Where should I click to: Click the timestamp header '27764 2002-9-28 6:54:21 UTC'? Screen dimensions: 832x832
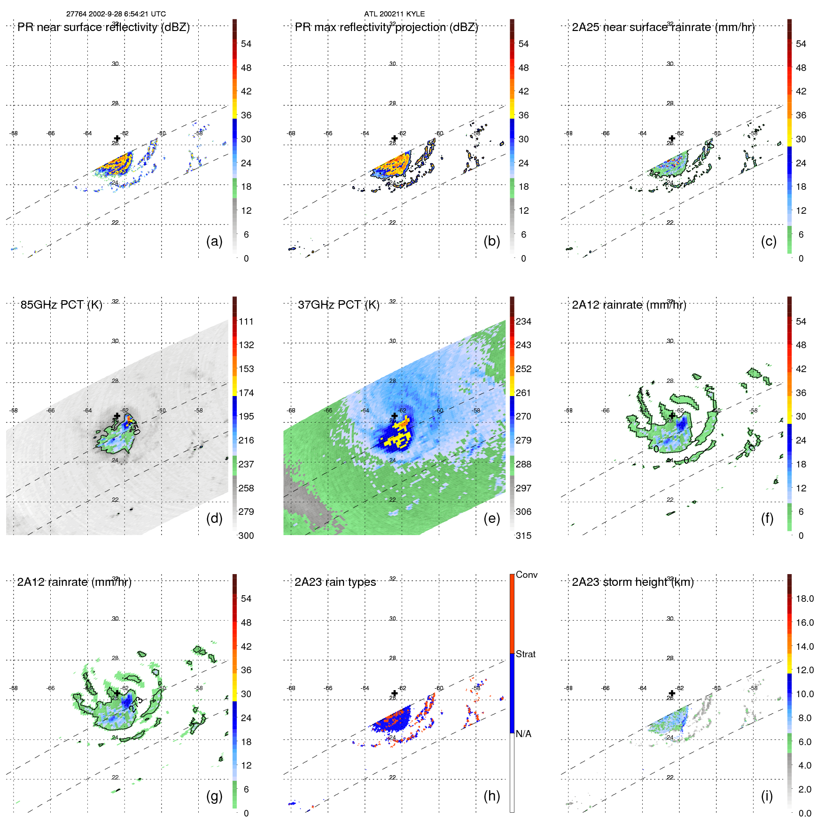point(116,14)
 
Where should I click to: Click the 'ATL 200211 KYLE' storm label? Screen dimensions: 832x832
point(394,14)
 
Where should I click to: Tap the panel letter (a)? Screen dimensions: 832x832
point(214,241)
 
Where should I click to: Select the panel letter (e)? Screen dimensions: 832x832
point(491,518)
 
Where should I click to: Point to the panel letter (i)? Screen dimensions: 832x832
point(767,796)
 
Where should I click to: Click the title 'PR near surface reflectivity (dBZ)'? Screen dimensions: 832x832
point(103,27)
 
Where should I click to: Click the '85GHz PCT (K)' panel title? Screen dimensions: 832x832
point(61,304)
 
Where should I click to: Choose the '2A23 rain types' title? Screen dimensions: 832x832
point(335,582)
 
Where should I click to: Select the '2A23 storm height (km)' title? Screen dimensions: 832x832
point(632,582)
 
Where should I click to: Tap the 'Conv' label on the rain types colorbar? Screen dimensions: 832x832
point(526,575)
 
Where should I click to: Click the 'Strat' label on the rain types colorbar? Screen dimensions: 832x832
point(525,654)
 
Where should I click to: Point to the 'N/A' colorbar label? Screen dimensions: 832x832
point(523,734)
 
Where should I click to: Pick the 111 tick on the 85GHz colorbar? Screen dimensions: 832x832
point(246,321)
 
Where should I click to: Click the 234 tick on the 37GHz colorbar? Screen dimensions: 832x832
point(523,321)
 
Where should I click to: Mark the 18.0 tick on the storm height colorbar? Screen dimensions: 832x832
point(804,599)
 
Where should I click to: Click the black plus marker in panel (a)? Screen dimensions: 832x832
point(117,139)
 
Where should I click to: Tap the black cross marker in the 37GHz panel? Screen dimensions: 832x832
point(395,416)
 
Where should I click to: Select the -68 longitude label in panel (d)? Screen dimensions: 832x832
point(14,411)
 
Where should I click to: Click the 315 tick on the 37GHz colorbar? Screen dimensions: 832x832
point(523,536)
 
